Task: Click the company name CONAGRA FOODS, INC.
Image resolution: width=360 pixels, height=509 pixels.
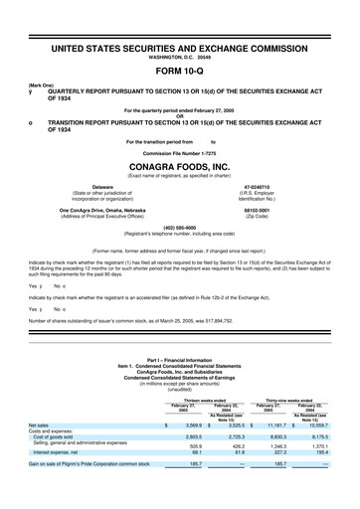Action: (179, 167)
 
